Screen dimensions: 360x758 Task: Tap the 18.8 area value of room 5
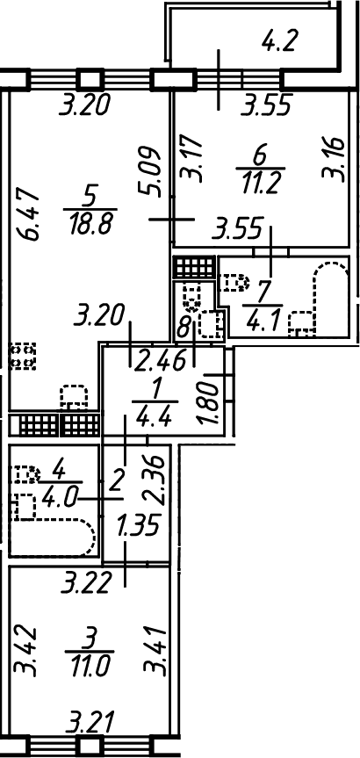(90, 224)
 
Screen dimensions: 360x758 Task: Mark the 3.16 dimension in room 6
(335, 159)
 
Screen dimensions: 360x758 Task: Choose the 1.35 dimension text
(138, 526)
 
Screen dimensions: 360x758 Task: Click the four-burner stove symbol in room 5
(23, 357)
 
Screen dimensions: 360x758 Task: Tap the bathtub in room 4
(54, 537)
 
